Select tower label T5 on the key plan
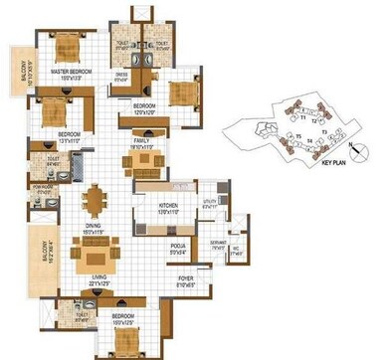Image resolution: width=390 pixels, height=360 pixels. pos(297,137)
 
